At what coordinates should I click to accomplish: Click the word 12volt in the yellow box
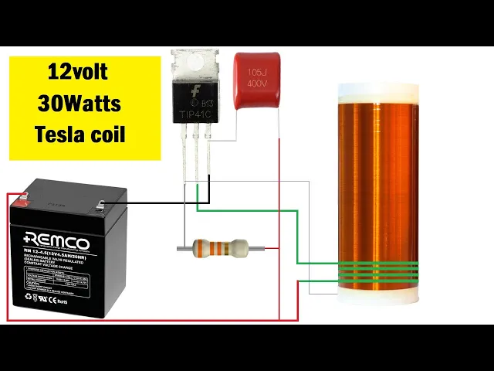tap(77, 73)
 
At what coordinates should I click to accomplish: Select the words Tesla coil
tap(80, 133)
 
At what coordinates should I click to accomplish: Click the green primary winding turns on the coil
tap(378, 271)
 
